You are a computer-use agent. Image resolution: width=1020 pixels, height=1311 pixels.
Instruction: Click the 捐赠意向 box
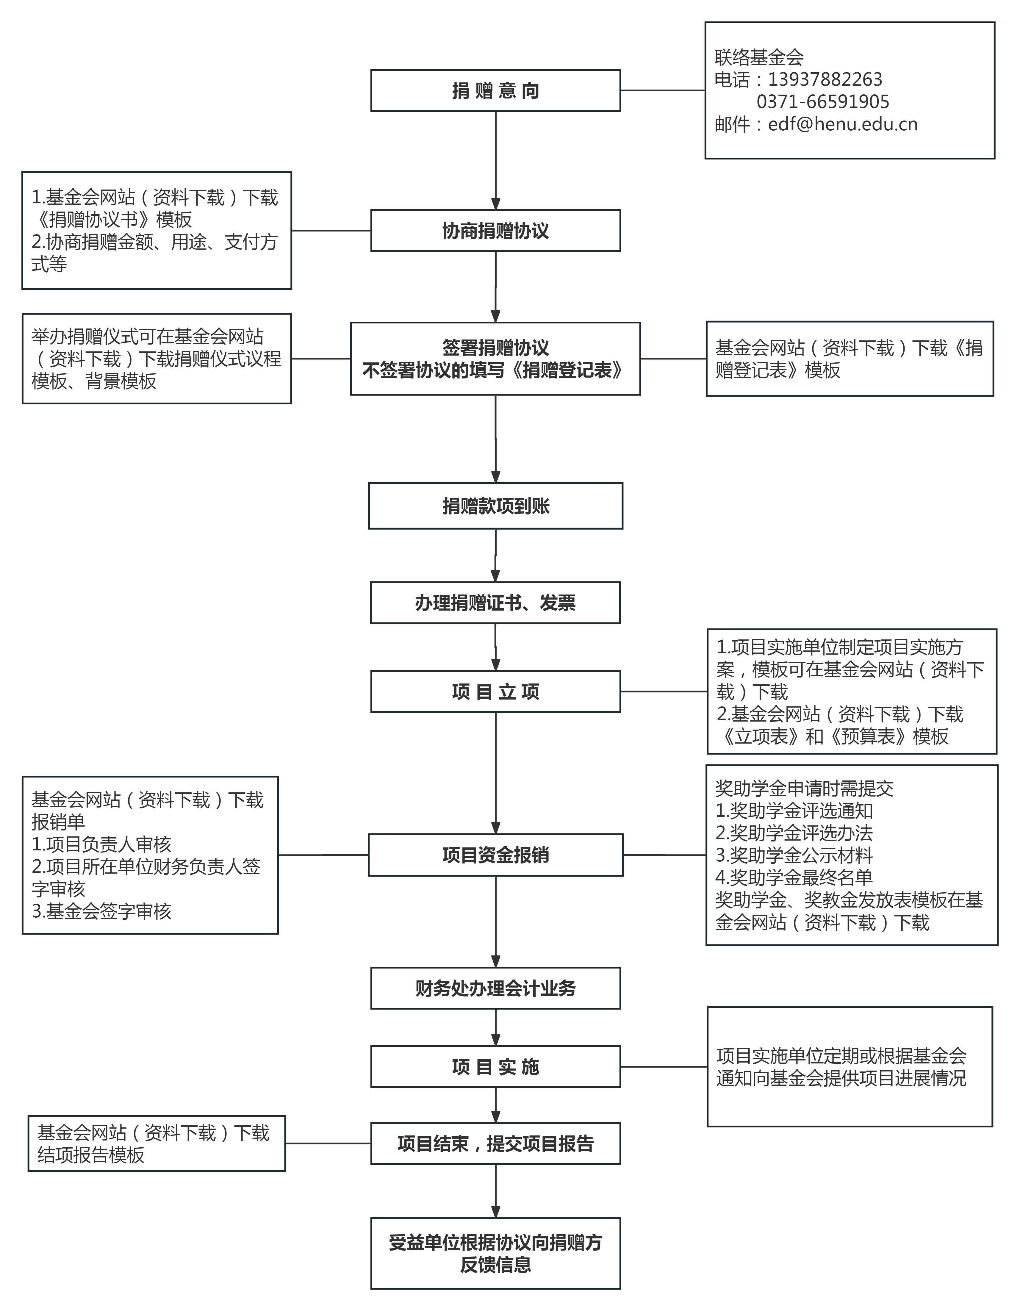coord(495,91)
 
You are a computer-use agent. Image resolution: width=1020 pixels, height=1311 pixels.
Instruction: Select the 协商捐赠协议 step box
coord(495,231)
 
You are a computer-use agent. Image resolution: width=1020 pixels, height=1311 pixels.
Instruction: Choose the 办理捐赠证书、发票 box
coord(495,603)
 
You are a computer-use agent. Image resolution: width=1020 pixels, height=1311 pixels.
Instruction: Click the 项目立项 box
coord(495,692)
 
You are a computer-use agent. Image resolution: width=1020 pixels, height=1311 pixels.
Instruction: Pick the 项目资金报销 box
coord(495,855)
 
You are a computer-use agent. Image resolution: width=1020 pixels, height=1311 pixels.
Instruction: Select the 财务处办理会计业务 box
coord(495,988)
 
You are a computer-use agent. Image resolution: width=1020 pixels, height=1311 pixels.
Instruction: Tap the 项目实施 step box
coord(495,1067)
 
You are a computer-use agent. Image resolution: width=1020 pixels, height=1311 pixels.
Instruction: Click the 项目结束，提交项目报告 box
coord(495,1143)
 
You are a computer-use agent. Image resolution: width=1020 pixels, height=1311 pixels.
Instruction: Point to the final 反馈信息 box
coord(495,1253)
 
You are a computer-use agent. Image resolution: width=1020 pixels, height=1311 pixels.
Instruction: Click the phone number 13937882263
coord(825,79)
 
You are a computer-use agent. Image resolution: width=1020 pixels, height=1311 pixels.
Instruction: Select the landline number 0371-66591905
coord(822,101)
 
